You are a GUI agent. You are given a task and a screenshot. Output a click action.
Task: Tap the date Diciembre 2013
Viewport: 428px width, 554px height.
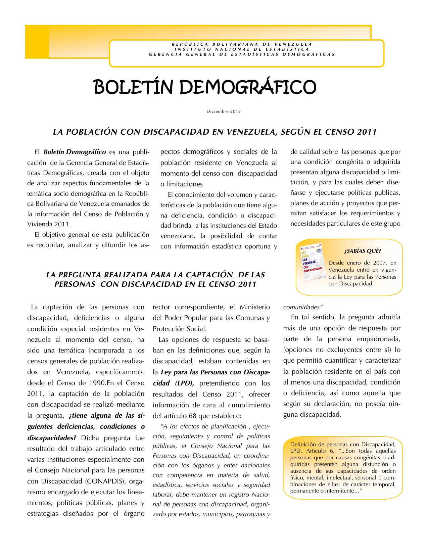(x=223, y=111)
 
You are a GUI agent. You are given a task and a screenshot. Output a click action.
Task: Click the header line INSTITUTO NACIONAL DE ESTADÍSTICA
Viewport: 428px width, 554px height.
(x=242, y=49)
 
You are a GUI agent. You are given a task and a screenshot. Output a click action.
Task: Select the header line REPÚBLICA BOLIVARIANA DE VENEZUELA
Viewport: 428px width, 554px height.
(x=242, y=44)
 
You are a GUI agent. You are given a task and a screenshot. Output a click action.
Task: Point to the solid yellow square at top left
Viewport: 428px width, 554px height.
(x=37, y=42)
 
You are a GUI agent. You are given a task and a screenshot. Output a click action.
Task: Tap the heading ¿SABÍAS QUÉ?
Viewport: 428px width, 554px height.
(x=363, y=251)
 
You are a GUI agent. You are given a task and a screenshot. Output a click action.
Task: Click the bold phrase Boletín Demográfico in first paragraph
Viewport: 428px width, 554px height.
(x=75, y=152)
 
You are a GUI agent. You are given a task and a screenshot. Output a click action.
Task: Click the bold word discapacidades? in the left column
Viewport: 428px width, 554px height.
(x=52, y=438)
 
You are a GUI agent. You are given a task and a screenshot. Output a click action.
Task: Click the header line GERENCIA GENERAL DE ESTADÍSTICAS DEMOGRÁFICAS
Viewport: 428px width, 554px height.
(x=242, y=54)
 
